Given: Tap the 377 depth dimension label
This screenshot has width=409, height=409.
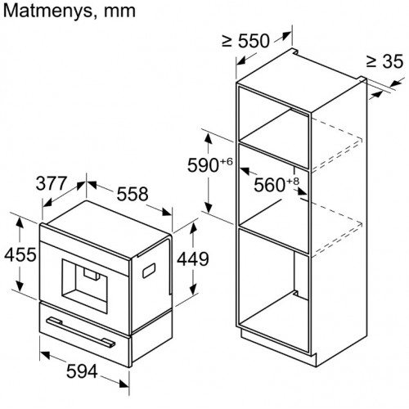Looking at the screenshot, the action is click(x=52, y=183).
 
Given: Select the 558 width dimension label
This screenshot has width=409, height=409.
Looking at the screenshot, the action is click(x=133, y=194).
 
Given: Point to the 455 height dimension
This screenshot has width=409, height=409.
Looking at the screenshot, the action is click(x=20, y=254).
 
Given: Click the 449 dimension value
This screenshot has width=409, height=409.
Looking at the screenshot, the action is click(x=193, y=258).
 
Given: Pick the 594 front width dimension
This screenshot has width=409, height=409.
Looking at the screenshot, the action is click(x=82, y=371).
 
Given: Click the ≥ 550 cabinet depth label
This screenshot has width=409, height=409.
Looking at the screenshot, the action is click(x=245, y=41).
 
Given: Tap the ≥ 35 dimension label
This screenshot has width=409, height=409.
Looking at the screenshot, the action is click(x=384, y=61).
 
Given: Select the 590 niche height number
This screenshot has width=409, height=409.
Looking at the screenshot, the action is click(x=203, y=165).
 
